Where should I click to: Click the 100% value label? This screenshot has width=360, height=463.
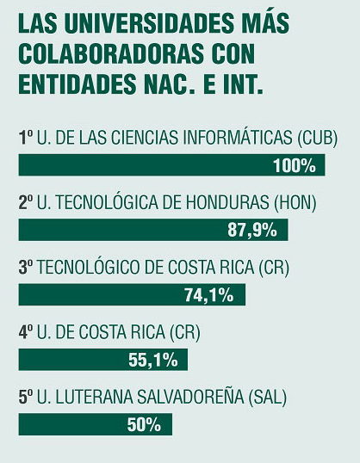click(295, 165)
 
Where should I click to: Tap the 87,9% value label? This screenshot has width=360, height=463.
click(252, 231)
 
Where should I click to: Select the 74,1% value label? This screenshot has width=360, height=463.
click(209, 295)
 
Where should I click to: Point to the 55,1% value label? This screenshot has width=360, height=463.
click(153, 360)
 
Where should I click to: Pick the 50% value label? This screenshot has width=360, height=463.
click(144, 425)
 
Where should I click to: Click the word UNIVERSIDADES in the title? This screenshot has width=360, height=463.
click(146, 23)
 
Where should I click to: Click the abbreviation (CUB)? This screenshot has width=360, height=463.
click(317, 138)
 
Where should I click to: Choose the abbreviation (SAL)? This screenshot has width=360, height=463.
click(268, 397)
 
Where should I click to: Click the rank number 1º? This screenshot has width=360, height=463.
click(26, 138)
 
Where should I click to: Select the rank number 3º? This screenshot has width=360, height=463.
click(26, 268)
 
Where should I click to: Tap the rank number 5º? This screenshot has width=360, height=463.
click(26, 397)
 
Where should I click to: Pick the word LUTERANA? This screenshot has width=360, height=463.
click(94, 397)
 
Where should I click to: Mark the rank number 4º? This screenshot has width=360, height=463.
click(26, 332)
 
